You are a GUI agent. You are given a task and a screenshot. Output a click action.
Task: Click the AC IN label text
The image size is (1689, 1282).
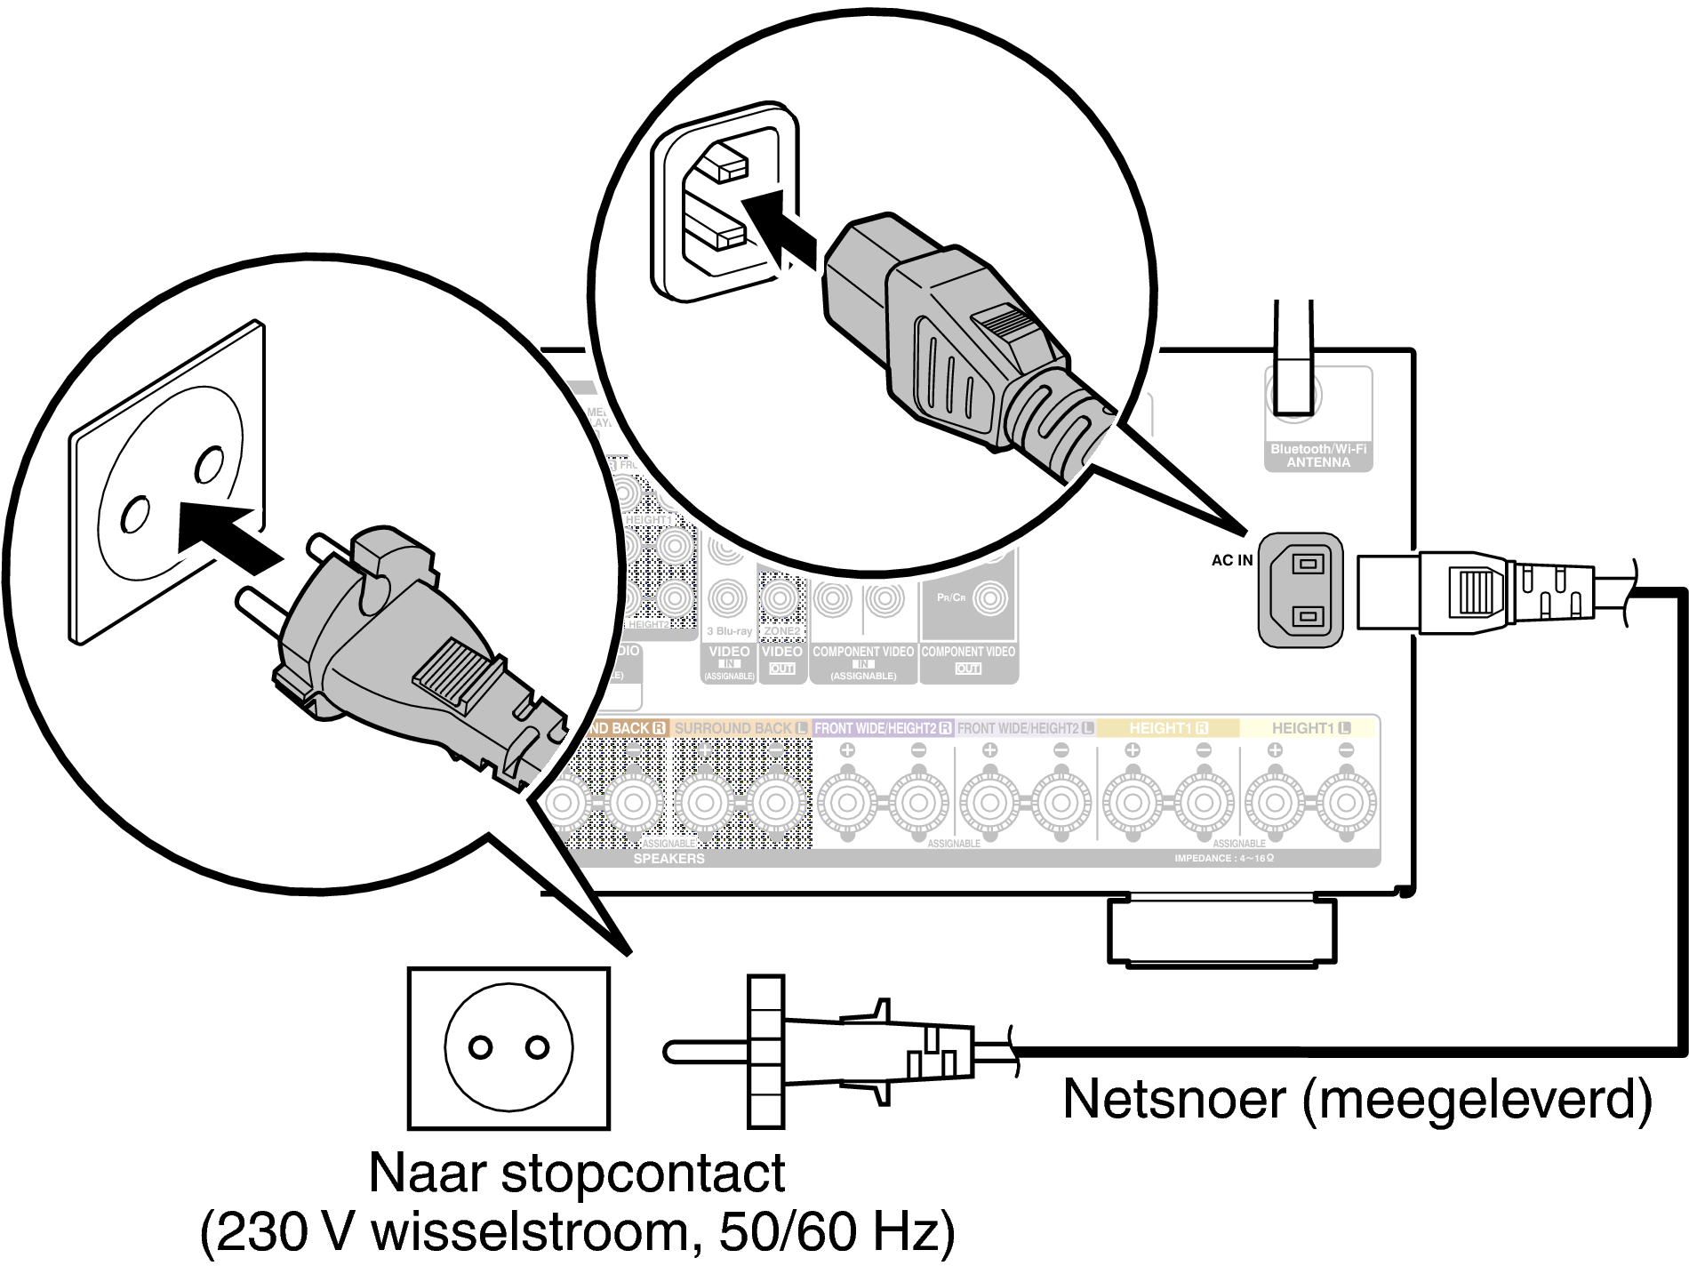click(x=1231, y=560)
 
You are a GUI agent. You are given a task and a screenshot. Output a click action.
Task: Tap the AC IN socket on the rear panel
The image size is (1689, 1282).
click(x=1301, y=589)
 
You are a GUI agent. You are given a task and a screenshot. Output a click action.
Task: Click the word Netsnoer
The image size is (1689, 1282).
click(x=1173, y=1100)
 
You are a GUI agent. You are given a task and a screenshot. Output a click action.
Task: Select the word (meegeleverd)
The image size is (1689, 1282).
click(x=1477, y=1100)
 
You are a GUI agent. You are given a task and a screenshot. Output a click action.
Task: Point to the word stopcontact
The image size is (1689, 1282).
click(x=643, y=1174)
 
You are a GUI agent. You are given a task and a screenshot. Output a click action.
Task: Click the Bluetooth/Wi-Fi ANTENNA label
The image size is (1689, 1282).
click(x=1318, y=456)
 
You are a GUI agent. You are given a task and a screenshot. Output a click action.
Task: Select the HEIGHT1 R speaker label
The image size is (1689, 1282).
click(x=1167, y=728)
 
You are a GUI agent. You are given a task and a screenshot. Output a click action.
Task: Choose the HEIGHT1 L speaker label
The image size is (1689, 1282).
click(x=1310, y=728)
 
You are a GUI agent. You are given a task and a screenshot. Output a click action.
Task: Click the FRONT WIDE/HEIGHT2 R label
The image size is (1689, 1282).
click(x=883, y=728)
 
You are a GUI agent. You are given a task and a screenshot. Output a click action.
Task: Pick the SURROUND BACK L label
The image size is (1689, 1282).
click(x=740, y=728)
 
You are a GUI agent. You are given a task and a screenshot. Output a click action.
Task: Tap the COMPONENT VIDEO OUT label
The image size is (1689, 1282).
click(x=968, y=659)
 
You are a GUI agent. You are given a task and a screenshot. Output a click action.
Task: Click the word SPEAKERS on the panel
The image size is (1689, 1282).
click(x=668, y=859)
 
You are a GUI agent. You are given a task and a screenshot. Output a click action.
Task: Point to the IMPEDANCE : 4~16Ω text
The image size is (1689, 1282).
click(x=1224, y=859)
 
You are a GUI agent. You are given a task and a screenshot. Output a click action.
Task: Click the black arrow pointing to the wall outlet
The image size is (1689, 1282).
click(x=227, y=535)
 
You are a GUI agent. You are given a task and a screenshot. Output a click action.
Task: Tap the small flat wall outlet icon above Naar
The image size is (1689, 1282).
click(x=508, y=1048)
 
